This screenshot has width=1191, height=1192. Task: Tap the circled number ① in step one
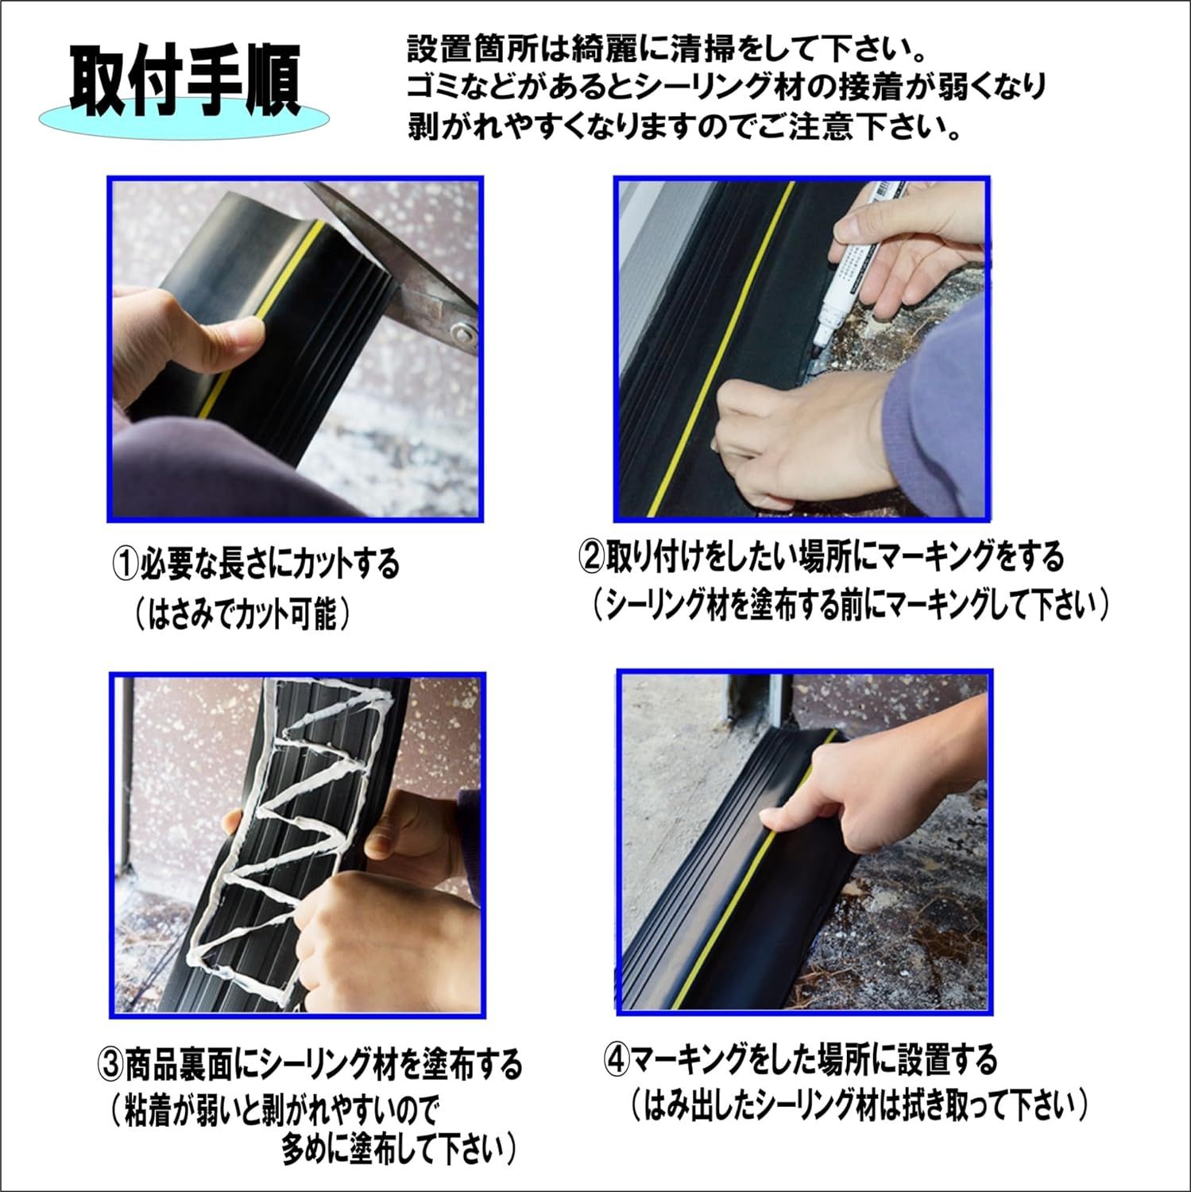click(x=125, y=563)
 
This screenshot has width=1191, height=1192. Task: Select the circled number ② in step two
click(x=592, y=557)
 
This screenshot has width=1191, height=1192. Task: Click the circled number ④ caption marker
click(x=617, y=1059)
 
